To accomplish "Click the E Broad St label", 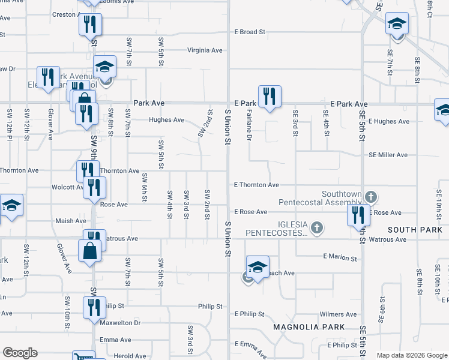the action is point(250,32).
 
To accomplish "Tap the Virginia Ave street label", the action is point(205,50).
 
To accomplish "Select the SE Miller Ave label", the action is point(388,155).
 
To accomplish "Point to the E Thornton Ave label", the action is point(256,185).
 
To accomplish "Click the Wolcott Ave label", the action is point(67,187).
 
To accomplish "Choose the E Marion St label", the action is point(340,257).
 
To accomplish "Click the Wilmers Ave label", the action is point(339,314).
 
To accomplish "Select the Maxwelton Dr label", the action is point(121,323).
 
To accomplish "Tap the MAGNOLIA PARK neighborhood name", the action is point(309,327).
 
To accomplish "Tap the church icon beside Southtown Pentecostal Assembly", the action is point(372,196).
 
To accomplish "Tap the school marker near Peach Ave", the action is point(258,267).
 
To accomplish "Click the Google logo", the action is point(20,353).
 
